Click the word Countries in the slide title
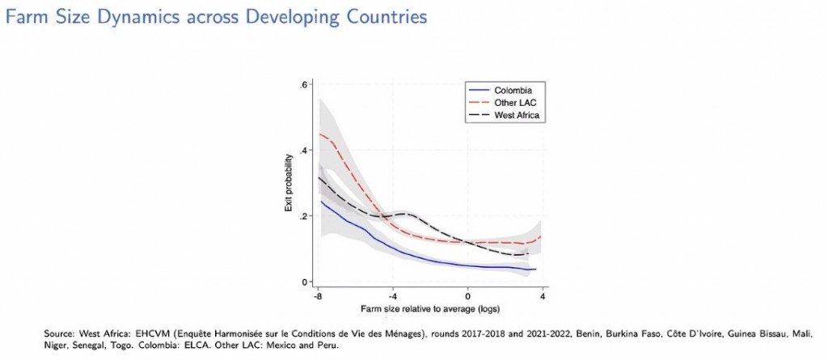tap(382, 16)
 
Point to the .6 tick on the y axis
tap(304, 84)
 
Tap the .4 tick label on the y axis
tap(304, 150)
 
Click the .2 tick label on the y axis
tap(304, 216)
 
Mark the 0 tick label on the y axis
tap(306, 282)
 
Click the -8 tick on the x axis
tap(319, 296)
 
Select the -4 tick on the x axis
tap(393, 296)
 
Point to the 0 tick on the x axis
tap(467, 296)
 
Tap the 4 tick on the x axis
tap(541, 296)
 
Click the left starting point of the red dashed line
tap(321, 134)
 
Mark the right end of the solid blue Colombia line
tap(536, 269)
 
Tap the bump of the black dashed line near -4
tap(409, 214)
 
